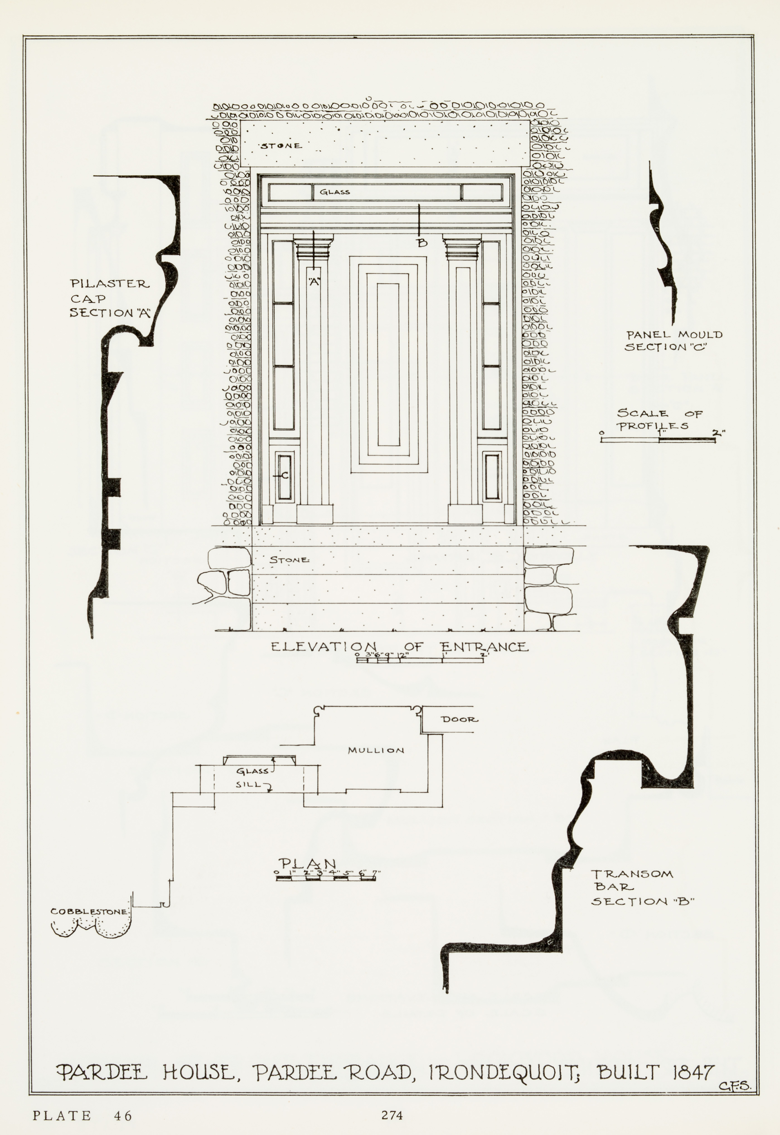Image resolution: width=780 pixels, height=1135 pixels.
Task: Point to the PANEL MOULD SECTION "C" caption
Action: (x=674, y=341)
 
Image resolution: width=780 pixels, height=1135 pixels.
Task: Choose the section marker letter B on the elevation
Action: (x=422, y=243)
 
